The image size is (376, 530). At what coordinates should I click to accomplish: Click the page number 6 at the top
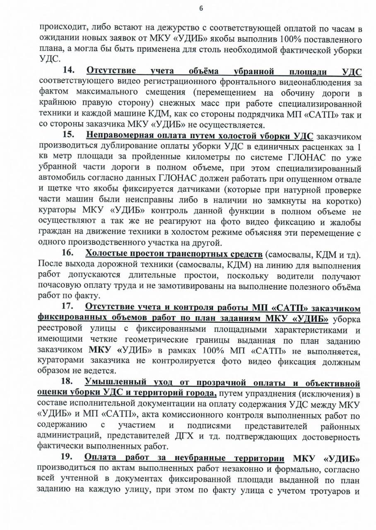(x=201, y=9)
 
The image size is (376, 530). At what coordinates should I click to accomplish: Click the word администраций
(x=70, y=436)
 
